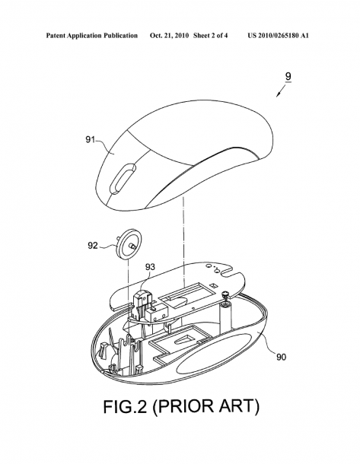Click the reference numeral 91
[x=91, y=139]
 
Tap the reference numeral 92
[x=93, y=245]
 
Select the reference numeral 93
[x=150, y=267]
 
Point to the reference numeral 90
[x=282, y=358]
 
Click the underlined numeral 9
[x=288, y=76]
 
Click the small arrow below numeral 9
[x=281, y=91]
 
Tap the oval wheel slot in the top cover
[x=123, y=178]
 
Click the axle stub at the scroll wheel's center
[x=132, y=246]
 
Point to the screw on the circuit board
[x=227, y=294]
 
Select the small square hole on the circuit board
[x=213, y=285]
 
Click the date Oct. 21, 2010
[x=169, y=36]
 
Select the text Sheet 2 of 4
[x=211, y=36]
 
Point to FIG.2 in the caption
[x=126, y=406]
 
